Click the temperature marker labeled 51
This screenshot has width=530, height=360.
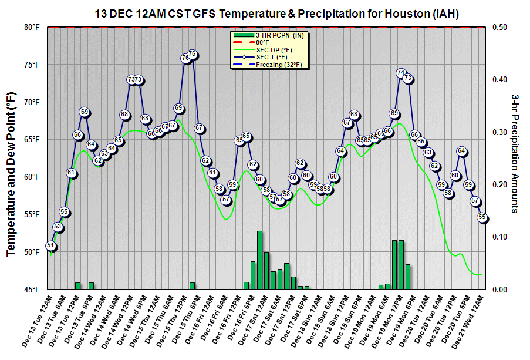click(x=51, y=246)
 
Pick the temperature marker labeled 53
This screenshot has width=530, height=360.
click(x=58, y=227)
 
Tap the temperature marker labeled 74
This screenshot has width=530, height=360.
click(x=401, y=73)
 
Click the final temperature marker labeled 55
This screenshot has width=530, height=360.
click(x=482, y=217)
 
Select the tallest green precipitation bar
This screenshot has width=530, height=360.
click(x=259, y=260)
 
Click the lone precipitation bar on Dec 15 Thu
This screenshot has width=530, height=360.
click(x=192, y=286)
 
